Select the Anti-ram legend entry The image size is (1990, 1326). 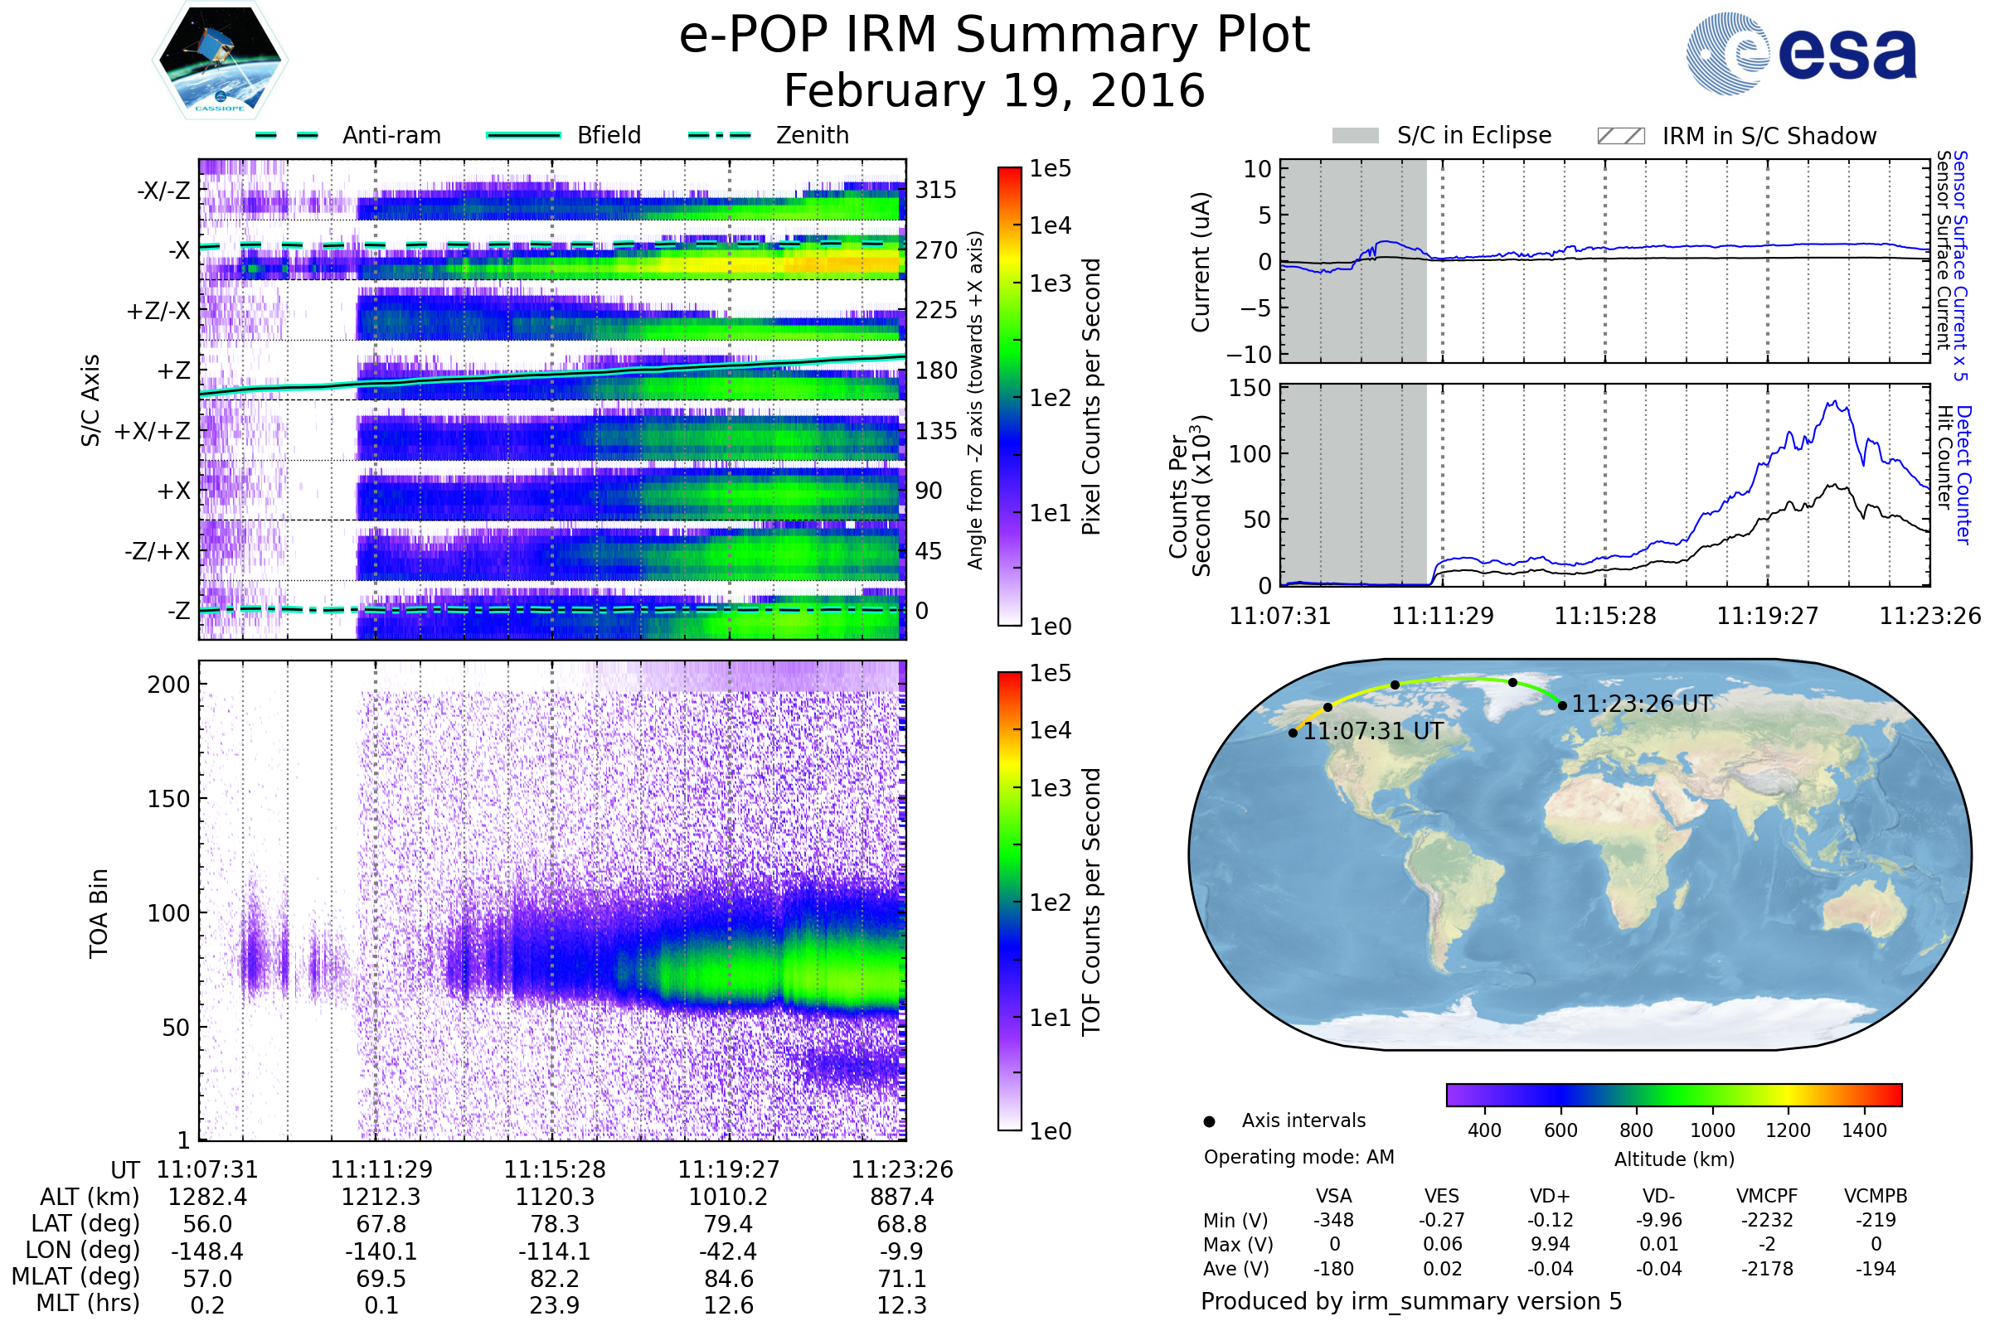[x=391, y=135]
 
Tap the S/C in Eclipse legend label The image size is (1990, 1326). [x=1474, y=135]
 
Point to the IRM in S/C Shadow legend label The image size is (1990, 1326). [x=1769, y=136]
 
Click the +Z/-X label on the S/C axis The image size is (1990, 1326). [x=158, y=312]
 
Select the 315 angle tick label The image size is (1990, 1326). [x=936, y=191]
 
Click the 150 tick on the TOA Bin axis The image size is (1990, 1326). [x=168, y=799]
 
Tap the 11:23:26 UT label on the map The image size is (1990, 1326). [x=1642, y=704]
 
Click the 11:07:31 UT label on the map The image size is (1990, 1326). [x=1372, y=731]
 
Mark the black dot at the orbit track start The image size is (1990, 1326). [x=1293, y=733]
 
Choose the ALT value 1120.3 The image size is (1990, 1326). [x=555, y=1197]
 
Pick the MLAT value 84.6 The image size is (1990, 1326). [x=729, y=1278]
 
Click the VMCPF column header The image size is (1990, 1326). [x=1767, y=1196]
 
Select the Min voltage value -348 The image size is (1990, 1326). [x=1333, y=1220]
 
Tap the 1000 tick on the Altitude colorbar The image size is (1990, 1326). [x=1712, y=1130]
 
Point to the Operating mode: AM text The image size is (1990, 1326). [x=1298, y=1157]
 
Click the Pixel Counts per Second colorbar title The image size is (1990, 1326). [x=1091, y=396]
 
